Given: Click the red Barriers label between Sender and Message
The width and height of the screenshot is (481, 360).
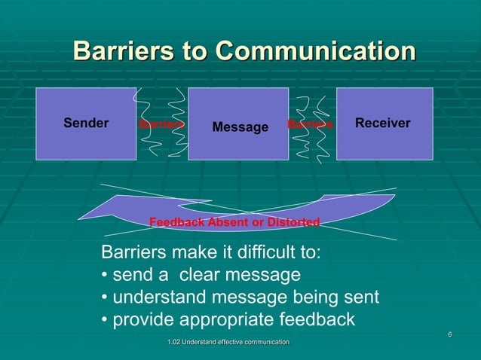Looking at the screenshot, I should (161, 124).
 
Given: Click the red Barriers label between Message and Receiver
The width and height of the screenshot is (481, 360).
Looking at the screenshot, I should (310, 124).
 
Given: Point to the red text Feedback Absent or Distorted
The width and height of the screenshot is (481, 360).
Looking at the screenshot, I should (234, 222).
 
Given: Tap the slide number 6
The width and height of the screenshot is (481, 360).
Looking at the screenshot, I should (449, 334).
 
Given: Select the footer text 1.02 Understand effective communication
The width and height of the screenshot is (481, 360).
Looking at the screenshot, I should (228, 343).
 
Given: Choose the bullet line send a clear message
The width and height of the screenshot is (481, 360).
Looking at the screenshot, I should (201, 275).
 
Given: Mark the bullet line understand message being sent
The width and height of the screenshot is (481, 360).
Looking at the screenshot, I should (240, 297).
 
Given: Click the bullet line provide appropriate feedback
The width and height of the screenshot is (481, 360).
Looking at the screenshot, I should (228, 320).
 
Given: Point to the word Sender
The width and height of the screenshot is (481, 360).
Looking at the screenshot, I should (86, 123).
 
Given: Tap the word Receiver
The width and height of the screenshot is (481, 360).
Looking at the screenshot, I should (383, 123).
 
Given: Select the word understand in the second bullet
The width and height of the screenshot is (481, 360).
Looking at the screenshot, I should (155, 297).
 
